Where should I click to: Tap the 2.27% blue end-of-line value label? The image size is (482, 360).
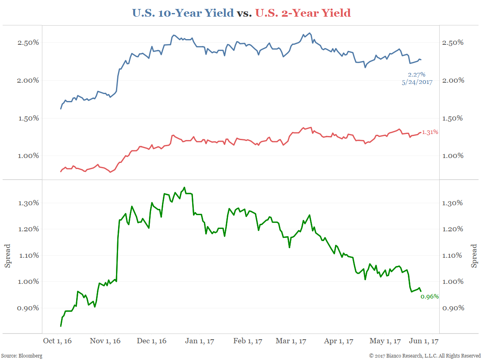[416, 75]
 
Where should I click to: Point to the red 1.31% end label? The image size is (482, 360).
[430, 132]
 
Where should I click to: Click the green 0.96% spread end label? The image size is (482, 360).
[429, 296]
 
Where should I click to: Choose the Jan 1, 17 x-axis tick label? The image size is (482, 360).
[199, 341]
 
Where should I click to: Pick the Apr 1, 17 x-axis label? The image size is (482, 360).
[338, 341]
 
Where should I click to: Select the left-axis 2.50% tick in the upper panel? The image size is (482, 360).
[28, 43]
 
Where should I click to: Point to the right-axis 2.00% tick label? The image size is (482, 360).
[453, 80]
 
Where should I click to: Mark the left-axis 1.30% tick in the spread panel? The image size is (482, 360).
[28, 203]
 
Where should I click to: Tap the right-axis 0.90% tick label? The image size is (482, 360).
[453, 308]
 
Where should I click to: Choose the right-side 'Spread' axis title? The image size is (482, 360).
[474, 256]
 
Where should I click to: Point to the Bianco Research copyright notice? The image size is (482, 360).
[424, 356]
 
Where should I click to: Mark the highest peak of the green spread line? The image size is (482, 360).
[184, 187]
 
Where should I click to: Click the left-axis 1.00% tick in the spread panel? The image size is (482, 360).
[28, 281]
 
